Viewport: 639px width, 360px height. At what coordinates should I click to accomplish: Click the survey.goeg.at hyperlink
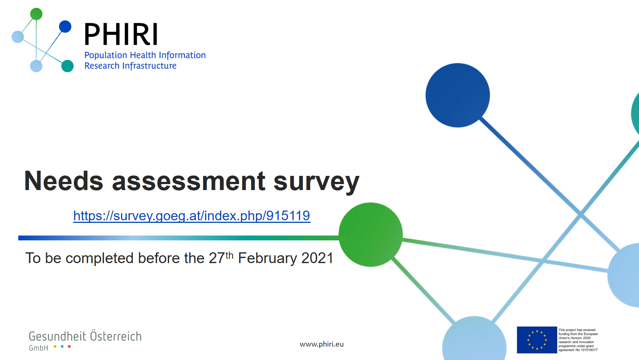pos(192,216)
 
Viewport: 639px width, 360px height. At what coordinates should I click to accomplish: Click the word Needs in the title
pos(63,181)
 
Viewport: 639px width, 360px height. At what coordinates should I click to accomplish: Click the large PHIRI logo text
pos(121,34)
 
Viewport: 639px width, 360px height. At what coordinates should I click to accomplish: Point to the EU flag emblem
pos(537,340)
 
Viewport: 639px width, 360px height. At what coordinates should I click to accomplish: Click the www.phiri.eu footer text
pos(321,344)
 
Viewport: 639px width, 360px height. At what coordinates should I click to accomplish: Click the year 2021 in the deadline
pos(317,258)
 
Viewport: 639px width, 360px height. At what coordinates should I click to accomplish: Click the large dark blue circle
pos(457,95)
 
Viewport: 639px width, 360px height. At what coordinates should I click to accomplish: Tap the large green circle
pos(371,234)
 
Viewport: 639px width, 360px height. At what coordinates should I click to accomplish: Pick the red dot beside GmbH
pos(69,347)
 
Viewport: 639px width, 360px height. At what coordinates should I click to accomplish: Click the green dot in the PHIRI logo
pos(36,14)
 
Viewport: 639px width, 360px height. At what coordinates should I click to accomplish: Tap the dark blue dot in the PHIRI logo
pos(65,26)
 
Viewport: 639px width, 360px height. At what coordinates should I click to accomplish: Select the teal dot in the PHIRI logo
pos(67,66)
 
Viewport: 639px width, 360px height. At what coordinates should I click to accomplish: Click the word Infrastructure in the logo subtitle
pos(149,66)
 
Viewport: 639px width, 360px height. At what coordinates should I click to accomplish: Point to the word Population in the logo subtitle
pos(106,55)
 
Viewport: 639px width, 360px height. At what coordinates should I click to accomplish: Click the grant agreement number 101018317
pos(588,350)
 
